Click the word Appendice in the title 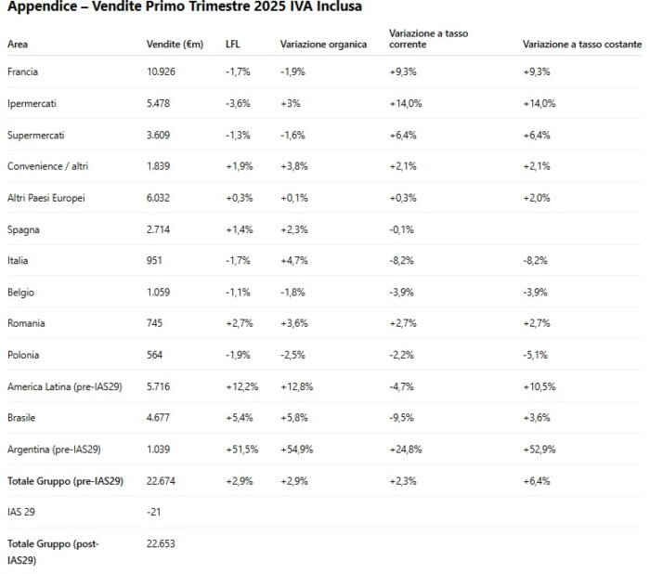coord(41,7)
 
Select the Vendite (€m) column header coord(175,44)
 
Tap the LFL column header coord(233,44)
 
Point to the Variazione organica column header coord(323,44)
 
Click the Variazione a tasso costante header coord(581,44)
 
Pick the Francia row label coord(22,72)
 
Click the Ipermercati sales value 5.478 coord(159,103)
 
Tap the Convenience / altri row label coord(48,166)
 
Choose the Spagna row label coord(23,228)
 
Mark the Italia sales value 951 coord(155,260)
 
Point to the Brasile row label coord(23,418)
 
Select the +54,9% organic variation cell coord(297,450)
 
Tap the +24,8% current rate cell coord(406,450)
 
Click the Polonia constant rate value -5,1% coord(536,355)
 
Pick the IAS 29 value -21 coord(154,512)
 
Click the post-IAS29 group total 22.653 coord(162,543)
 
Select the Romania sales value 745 coord(155,323)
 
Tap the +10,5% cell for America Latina coord(539,386)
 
